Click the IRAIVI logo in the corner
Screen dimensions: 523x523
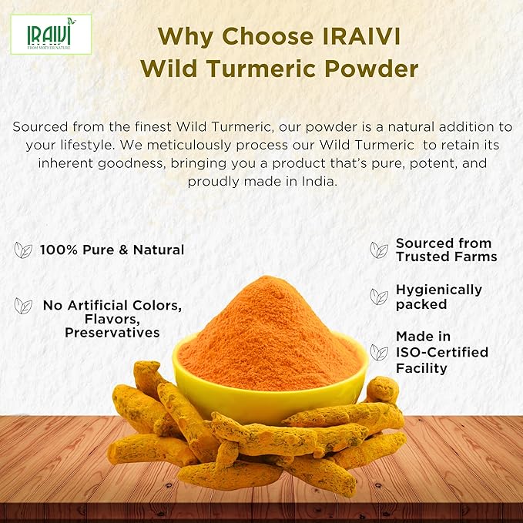(51, 34)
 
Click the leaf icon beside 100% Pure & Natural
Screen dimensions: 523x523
(23, 250)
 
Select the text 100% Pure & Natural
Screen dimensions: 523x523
(113, 250)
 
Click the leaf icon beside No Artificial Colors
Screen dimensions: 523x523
(23, 306)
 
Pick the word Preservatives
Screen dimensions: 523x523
(112, 333)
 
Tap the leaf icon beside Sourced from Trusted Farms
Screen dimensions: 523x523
(379, 250)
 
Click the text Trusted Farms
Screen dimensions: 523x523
(446, 256)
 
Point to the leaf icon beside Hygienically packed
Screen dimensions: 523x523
(379, 297)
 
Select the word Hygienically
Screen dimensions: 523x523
(438, 290)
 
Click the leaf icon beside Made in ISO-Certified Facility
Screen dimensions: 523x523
(379, 353)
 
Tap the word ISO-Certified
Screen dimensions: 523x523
(441, 352)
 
